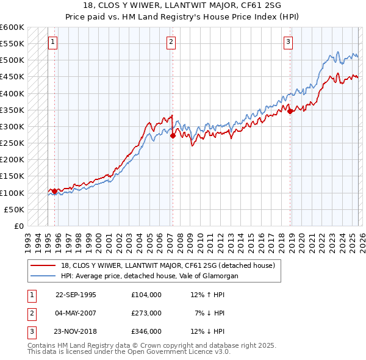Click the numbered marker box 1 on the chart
click(x=52, y=42)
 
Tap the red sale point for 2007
click(x=173, y=136)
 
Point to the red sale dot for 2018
click(x=290, y=112)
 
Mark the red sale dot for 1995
click(x=55, y=192)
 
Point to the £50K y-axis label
click(x=14, y=209)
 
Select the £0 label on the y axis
click(x=18, y=226)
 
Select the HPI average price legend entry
click(x=150, y=276)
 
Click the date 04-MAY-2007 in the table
click(x=76, y=313)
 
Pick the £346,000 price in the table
click(x=146, y=332)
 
